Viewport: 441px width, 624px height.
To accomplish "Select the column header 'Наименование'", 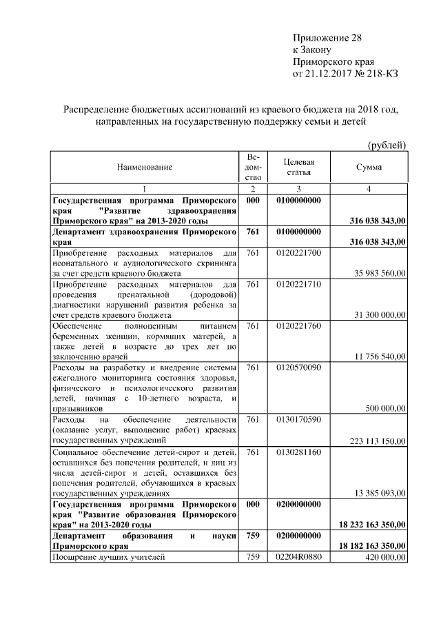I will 144,167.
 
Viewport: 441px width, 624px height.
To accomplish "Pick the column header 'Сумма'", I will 369,167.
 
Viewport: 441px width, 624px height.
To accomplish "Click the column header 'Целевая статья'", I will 299,167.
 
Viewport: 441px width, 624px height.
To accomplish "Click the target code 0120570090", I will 299,368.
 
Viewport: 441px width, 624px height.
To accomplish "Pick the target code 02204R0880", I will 299,557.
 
